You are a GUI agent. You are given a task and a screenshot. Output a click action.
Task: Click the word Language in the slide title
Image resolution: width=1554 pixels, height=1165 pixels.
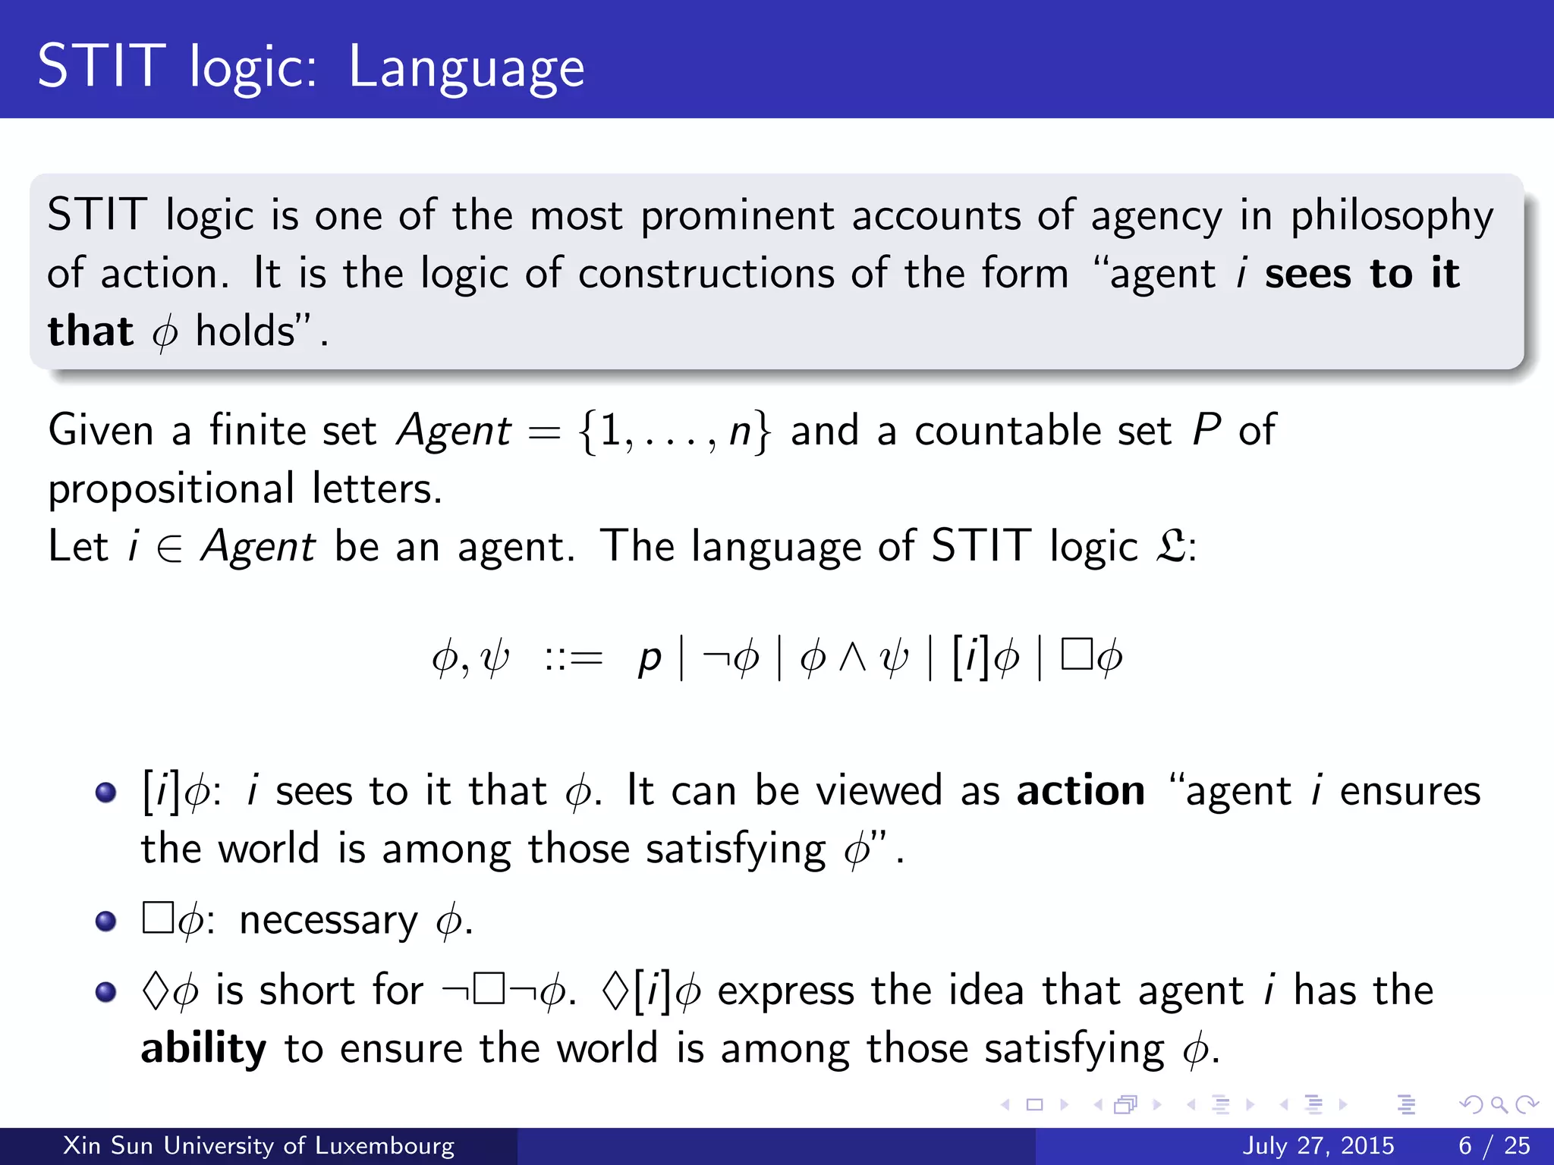click(x=466, y=68)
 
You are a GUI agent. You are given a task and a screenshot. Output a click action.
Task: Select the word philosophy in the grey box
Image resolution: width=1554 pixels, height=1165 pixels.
click(x=1392, y=215)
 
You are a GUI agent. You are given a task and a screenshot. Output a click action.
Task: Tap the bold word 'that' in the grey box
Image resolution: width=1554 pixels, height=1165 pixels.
click(x=90, y=331)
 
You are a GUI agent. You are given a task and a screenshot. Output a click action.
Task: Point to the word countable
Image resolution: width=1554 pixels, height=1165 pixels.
click(x=1043, y=430)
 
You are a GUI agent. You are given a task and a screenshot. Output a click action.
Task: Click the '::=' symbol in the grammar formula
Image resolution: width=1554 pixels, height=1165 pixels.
click(x=573, y=658)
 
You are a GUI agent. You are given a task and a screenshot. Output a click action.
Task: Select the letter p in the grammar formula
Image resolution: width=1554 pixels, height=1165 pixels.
click(x=650, y=658)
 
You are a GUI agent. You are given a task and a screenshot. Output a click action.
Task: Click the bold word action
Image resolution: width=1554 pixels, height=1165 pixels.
click(x=1081, y=790)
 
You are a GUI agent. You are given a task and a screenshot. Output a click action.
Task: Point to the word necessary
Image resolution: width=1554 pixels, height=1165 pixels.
click(x=328, y=921)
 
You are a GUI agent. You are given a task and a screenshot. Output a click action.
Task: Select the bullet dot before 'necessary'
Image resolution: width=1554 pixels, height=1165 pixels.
click(x=106, y=921)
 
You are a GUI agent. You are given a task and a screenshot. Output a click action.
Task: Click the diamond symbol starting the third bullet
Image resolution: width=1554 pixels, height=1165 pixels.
click(x=155, y=991)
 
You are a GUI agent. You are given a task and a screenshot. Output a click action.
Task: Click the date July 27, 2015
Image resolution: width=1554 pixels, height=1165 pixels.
click(x=1318, y=1145)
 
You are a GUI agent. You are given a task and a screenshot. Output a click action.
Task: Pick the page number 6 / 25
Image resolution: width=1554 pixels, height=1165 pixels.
click(x=1494, y=1145)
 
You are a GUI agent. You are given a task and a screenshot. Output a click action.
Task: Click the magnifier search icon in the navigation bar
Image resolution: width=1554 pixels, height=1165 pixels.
click(x=1498, y=1105)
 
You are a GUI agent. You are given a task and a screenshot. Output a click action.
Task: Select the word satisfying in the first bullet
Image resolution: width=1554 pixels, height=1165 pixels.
click(x=735, y=849)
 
